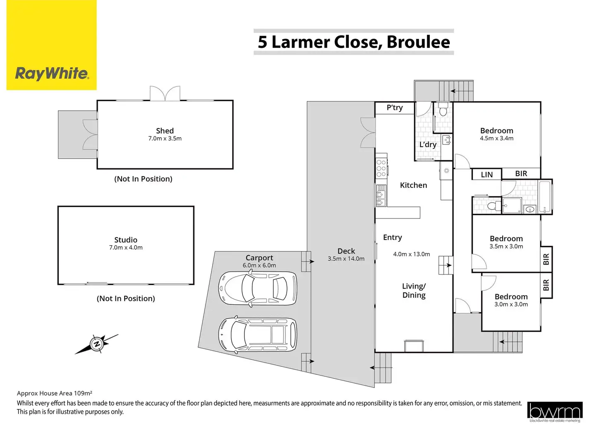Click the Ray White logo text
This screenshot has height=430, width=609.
(52, 74)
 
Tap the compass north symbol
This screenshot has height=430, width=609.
(97, 344)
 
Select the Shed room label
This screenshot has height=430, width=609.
(165, 131)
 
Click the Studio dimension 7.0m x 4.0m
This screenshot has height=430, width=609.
(126, 248)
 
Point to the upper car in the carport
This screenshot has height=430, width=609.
(257, 289)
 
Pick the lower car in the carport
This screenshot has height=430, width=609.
(257, 334)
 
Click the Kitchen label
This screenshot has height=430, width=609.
(413, 185)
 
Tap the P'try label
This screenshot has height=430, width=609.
(394, 107)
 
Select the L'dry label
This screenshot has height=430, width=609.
(428, 145)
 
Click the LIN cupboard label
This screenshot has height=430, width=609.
(487, 174)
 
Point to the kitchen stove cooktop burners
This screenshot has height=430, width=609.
(381, 168)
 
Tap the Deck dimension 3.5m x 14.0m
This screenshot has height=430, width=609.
(346, 259)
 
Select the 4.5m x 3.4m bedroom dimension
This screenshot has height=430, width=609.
(496, 139)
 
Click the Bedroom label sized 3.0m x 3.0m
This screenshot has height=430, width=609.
(511, 296)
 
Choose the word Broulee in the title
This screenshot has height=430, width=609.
(418, 42)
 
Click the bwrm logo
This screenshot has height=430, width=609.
(555, 411)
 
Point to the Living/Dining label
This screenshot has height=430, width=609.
(414, 290)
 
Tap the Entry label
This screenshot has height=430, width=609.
(392, 237)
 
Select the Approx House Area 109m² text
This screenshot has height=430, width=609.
(54, 393)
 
